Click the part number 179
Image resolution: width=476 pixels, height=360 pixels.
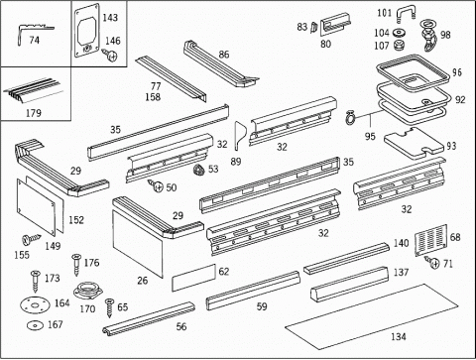pyautogui.click(x=34, y=113)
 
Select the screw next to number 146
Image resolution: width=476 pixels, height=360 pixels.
pyautogui.click(x=110, y=55)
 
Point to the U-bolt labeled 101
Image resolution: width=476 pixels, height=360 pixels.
pyautogui.click(x=406, y=15)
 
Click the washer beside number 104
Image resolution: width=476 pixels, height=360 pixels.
pyautogui.click(x=400, y=33)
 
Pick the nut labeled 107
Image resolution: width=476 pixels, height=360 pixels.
pyautogui.click(x=400, y=45)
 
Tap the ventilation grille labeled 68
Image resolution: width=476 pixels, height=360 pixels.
pyautogui.click(x=431, y=240)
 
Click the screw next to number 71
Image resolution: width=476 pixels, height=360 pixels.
pyautogui.click(x=432, y=262)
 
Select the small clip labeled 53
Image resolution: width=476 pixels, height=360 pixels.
pyautogui.click(x=199, y=169)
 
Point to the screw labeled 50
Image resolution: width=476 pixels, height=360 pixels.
pyautogui.click(x=156, y=185)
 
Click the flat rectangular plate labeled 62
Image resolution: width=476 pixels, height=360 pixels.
pyautogui.click(x=193, y=278)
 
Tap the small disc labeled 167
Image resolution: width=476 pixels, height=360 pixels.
pyautogui.click(x=35, y=325)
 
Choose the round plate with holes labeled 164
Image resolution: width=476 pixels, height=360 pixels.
pyautogui.click(x=35, y=304)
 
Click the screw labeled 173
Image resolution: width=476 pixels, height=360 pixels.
pyautogui.click(x=35, y=281)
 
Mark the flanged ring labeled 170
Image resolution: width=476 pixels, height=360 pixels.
pyautogui.click(x=88, y=291)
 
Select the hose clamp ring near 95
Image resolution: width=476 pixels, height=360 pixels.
pyautogui.click(x=350, y=118)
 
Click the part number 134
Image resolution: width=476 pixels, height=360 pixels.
pyautogui.click(x=399, y=336)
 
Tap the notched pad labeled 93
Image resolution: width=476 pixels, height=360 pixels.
pyautogui.click(x=414, y=143)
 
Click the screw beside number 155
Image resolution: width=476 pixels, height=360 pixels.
pyautogui.click(x=31, y=239)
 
